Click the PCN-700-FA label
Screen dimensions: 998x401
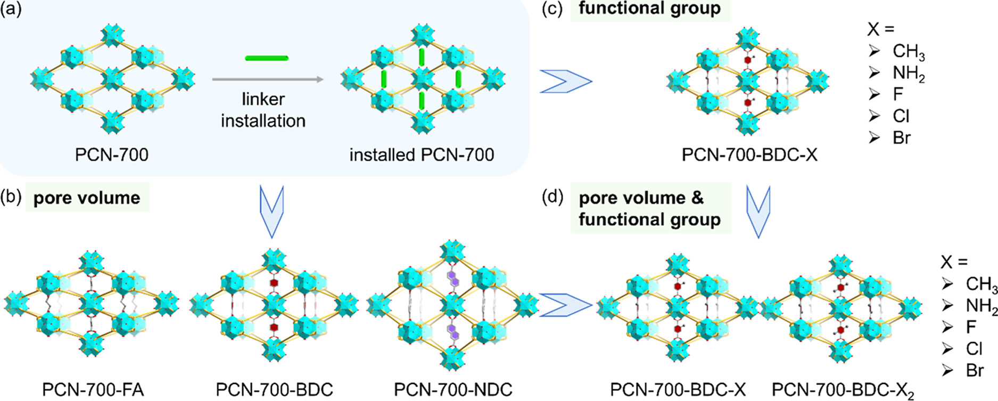pos(93,390)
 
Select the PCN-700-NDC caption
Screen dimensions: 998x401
pos(453,390)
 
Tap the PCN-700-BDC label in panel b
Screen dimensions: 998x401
pos(274,390)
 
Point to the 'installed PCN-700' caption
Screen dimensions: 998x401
pos(422,155)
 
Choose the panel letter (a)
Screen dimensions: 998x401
pos(11,9)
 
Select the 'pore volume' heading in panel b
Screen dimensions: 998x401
pos(87,198)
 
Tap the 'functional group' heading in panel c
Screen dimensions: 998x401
pos(650,9)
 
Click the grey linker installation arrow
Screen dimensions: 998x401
pos(268,80)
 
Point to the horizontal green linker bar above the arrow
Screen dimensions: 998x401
pos(267,58)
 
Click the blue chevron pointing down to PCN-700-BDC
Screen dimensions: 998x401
pos(271,212)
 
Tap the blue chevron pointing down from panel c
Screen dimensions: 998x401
pos(758,212)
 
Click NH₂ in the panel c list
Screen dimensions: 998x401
pos(909,73)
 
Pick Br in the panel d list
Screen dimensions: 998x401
pos(975,370)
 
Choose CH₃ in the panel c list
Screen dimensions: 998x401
pos(909,52)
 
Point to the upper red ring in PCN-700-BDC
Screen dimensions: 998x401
pos(274,283)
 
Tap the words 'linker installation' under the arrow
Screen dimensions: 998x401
pos(263,110)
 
